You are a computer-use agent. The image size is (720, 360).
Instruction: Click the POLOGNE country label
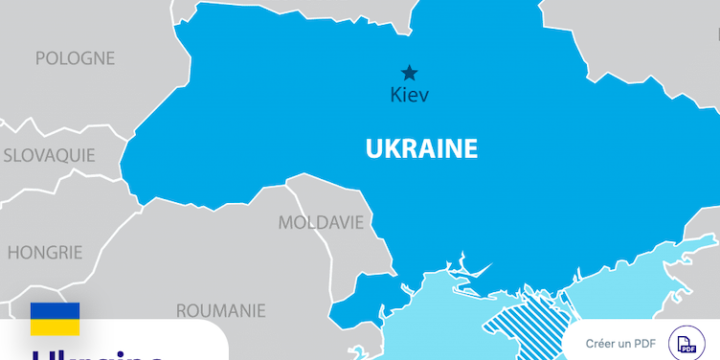point(75,58)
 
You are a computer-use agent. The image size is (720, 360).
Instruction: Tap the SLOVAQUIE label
point(49,154)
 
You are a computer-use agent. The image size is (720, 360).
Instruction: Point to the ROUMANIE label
point(220,310)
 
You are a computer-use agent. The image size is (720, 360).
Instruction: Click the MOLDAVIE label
point(321,223)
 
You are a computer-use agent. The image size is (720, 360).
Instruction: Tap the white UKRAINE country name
point(421,149)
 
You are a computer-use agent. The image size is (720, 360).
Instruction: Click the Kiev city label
point(410,95)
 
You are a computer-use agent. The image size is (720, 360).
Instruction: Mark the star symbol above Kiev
point(410,73)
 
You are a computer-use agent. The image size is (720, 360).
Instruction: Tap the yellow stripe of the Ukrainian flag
point(55,326)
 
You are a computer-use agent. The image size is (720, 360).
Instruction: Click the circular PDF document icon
point(686,344)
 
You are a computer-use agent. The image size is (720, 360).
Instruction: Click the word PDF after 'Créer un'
point(644,344)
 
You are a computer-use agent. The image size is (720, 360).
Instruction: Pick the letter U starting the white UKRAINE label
point(372,149)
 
